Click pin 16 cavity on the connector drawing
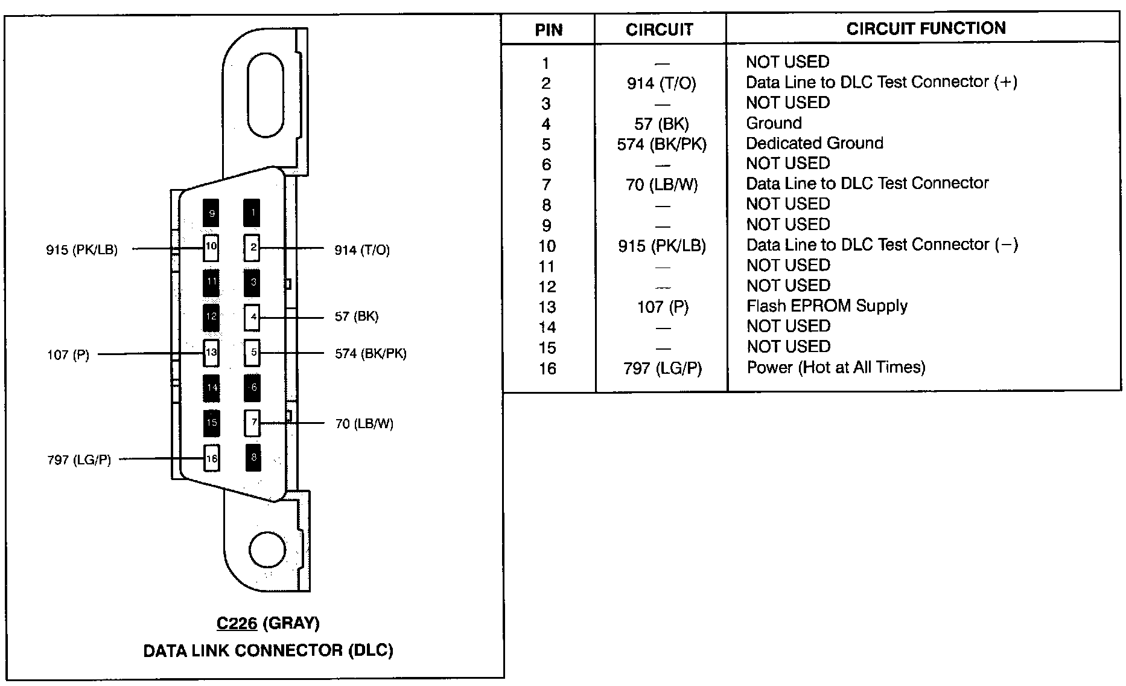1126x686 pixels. (211, 458)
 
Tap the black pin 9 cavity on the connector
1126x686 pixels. (211, 213)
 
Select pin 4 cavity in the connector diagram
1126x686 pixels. (252, 317)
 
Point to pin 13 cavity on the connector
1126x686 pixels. (211, 353)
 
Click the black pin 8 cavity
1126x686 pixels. (253, 458)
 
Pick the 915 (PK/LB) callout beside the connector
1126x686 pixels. (81, 249)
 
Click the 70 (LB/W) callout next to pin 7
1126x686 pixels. (364, 424)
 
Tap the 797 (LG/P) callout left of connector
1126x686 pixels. (79, 460)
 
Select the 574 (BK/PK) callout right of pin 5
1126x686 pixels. (371, 353)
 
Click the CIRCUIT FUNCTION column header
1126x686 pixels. (926, 28)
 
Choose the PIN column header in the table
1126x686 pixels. (549, 30)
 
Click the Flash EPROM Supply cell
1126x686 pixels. (827, 306)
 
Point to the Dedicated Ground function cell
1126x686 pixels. (815, 143)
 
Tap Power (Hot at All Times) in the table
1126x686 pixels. (836, 367)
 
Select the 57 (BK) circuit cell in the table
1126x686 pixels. (661, 124)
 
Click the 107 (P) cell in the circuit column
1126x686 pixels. (663, 307)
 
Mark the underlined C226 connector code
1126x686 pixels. (237, 623)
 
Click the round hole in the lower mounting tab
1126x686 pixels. (267, 550)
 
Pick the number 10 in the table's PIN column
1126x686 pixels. (547, 246)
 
